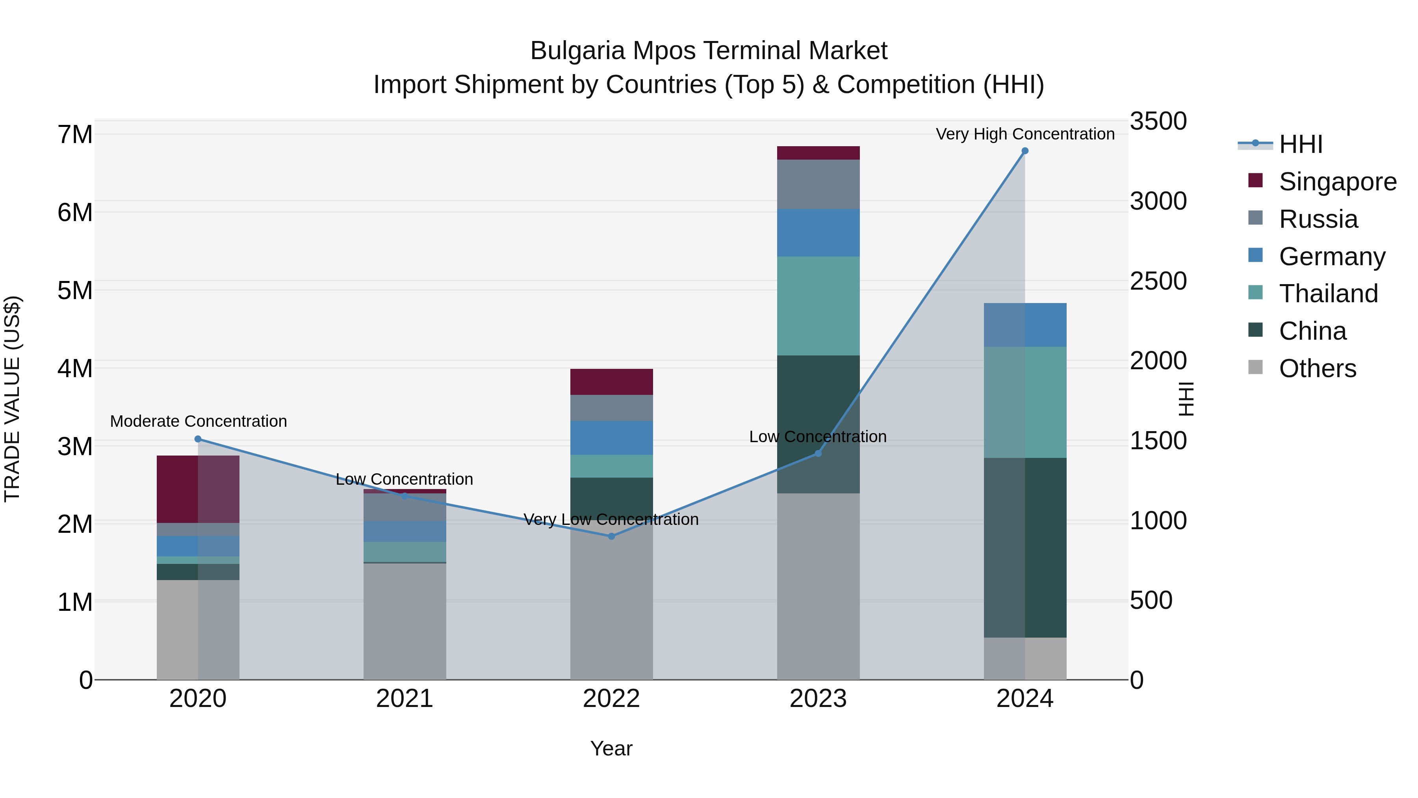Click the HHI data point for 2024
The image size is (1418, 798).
1025,151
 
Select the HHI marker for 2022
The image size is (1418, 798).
611,536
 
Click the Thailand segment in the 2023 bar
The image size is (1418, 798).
818,306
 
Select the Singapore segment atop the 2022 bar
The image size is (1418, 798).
611,381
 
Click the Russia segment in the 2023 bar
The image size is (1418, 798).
818,184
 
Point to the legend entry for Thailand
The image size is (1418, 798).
1328,294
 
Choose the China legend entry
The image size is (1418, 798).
1312,331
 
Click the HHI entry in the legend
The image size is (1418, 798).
1300,144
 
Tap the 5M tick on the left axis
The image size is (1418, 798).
75,290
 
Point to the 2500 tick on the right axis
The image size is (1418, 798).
1158,281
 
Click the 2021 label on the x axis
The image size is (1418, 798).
405,699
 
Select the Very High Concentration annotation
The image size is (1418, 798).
1025,134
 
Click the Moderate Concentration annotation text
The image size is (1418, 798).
198,421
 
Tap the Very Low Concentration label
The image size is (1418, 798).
611,519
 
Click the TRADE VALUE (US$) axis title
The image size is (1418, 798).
12,399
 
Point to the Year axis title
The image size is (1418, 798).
611,748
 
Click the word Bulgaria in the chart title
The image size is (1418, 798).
577,51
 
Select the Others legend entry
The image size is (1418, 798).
1317,368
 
